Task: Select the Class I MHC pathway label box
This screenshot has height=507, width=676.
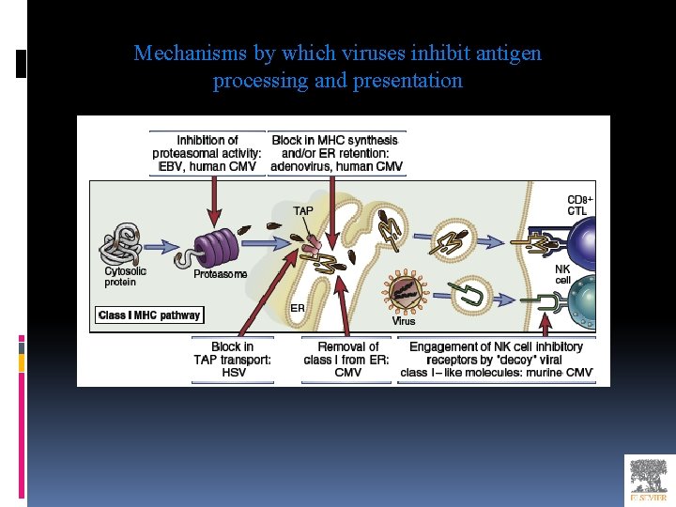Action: coord(149,315)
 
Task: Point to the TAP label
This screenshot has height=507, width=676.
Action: coord(303,211)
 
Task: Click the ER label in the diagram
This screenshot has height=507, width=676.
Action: coord(297,307)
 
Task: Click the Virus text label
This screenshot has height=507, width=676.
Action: coord(404,321)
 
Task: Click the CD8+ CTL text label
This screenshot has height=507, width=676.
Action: coord(579,206)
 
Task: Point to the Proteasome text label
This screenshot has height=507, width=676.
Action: coord(221,274)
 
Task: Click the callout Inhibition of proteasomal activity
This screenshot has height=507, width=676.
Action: coord(207,154)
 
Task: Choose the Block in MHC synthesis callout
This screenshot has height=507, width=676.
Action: coord(336,154)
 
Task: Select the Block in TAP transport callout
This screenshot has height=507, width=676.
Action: coord(234,360)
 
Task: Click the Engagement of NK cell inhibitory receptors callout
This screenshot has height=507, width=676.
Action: coord(497,360)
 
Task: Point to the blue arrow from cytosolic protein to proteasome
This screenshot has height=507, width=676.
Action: coord(166,247)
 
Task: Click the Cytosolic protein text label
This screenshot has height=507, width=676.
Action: coord(125,277)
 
